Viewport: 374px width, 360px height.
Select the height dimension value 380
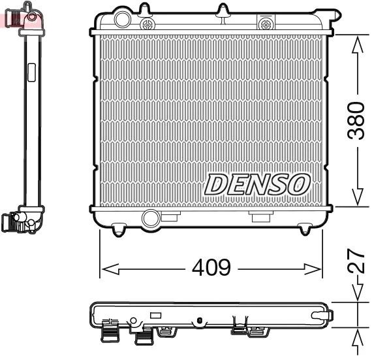[356, 120]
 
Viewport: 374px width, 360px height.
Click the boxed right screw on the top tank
[265, 24]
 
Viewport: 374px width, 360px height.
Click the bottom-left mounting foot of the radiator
[118, 229]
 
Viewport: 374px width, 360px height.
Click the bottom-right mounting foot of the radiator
[304, 229]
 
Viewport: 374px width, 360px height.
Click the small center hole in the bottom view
[197, 319]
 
